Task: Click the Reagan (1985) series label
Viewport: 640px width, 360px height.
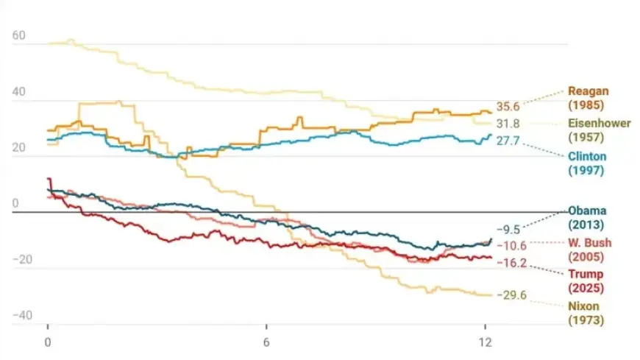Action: point(589,98)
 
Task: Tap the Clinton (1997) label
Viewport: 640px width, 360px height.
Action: point(586,163)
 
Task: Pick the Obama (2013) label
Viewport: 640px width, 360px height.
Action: point(586,217)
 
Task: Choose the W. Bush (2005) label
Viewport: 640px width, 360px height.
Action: point(586,250)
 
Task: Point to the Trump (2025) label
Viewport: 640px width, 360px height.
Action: point(586,280)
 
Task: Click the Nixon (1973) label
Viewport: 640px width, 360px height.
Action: point(586,312)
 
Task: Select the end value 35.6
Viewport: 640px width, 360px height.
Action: point(508,107)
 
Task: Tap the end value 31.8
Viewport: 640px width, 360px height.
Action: point(508,124)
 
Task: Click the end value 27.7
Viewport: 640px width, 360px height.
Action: point(508,140)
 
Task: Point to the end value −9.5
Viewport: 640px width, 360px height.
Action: point(508,229)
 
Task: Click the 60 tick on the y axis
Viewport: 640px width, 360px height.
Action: point(19,36)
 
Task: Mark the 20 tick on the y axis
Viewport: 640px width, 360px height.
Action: point(19,148)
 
